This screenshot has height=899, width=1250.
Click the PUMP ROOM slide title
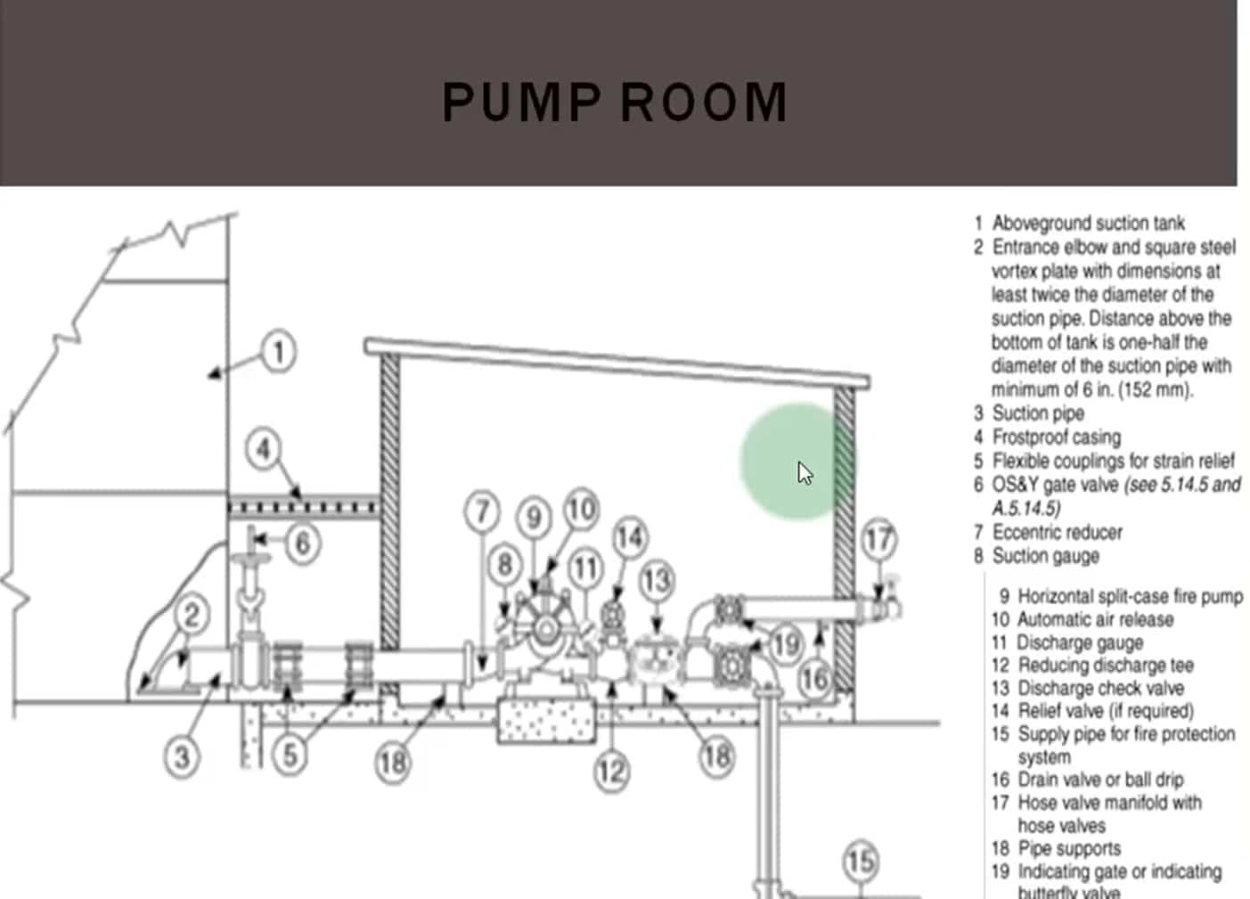pyautogui.click(x=615, y=102)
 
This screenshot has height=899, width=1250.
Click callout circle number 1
pyautogui.click(x=278, y=351)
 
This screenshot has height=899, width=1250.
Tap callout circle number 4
pyautogui.click(x=263, y=448)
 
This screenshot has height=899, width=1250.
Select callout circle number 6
pyautogui.click(x=302, y=543)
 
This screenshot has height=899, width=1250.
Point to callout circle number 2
pyautogui.click(x=192, y=615)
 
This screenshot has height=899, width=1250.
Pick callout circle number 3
pyautogui.click(x=182, y=757)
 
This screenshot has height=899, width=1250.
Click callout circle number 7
pyautogui.click(x=482, y=511)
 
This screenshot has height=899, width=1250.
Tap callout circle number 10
pyautogui.click(x=581, y=509)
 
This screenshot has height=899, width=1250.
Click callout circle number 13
pyautogui.click(x=657, y=580)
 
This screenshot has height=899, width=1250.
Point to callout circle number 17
pyautogui.click(x=878, y=539)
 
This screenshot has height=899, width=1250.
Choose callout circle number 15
pyautogui.click(x=860, y=862)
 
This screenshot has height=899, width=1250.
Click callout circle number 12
pyautogui.click(x=612, y=771)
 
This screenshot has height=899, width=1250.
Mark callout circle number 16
pyautogui.click(x=814, y=680)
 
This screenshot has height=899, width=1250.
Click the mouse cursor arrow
pyautogui.click(x=805, y=472)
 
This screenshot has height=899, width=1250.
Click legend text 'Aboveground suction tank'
pyautogui.click(x=1088, y=223)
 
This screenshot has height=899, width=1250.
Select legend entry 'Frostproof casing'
pyautogui.click(x=1056, y=437)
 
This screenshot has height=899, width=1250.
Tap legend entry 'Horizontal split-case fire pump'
pyautogui.click(x=1130, y=596)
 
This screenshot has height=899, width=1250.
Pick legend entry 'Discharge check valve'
pyautogui.click(x=1100, y=688)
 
